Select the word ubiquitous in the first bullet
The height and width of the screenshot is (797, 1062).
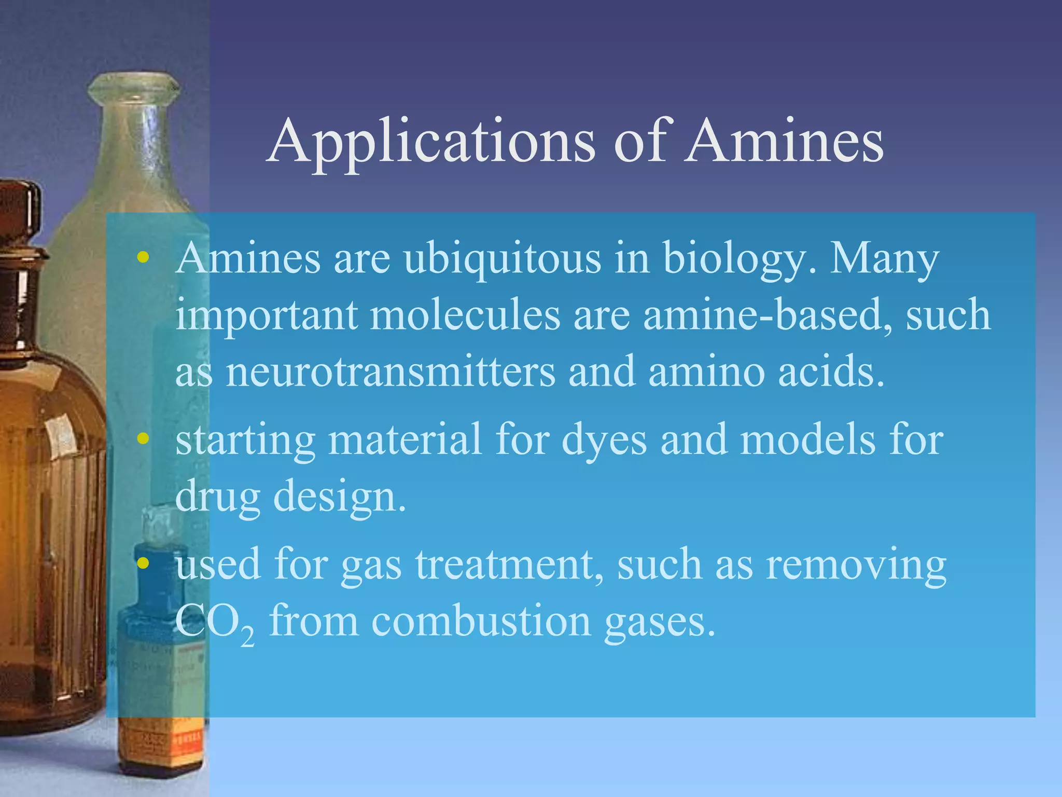(x=502, y=259)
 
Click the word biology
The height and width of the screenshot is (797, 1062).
(x=735, y=259)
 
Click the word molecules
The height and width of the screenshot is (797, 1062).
(x=465, y=315)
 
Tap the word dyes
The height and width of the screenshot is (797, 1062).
(x=604, y=440)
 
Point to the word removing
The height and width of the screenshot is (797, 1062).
(x=856, y=565)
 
